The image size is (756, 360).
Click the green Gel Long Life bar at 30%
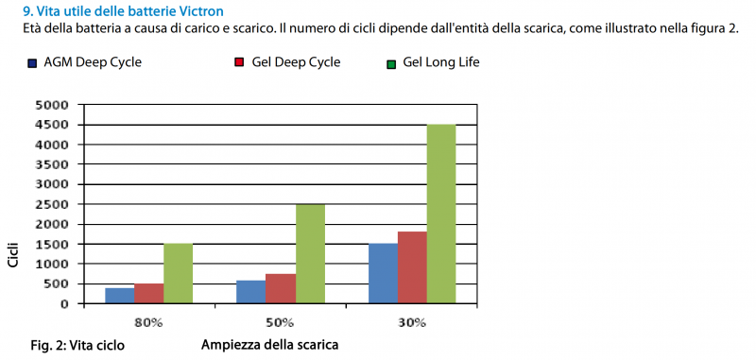[441, 214]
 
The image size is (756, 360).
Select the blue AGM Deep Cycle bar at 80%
[119, 296]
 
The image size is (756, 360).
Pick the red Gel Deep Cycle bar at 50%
[280, 288]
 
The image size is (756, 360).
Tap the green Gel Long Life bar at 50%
[309, 253]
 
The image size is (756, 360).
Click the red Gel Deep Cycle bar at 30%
[412, 267]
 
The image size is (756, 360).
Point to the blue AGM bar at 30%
[383, 273]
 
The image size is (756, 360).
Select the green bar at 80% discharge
[178, 273]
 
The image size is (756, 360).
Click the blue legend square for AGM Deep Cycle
[33, 63]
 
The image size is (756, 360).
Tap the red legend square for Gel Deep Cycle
[239, 63]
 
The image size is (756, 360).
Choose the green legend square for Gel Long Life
[390, 63]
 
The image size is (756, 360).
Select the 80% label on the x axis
[148, 322]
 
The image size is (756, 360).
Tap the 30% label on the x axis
[412, 322]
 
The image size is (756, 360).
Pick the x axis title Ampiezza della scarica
[269, 345]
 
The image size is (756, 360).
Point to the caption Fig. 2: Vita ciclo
[77, 346]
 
